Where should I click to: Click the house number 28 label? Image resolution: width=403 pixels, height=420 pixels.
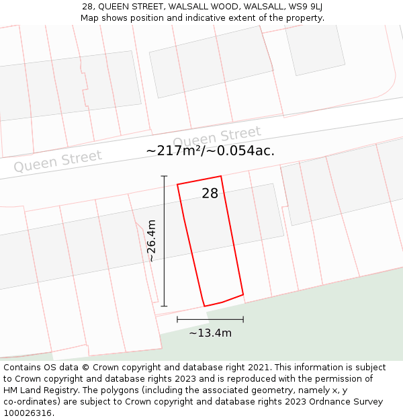[x=210, y=194]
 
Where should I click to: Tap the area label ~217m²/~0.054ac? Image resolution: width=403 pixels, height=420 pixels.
[x=210, y=151]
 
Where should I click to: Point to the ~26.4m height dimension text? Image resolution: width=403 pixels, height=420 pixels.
[x=152, y=241]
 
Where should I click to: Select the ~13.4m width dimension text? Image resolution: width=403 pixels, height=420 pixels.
[x=210, y=333]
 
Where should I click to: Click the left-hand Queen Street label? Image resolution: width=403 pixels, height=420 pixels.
[x=58, y=161]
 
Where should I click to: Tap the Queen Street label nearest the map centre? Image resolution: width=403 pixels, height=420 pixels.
[x=221, y=136]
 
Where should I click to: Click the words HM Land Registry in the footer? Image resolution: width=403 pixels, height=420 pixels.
[x=36, y=390]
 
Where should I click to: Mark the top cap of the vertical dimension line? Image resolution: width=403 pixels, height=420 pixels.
[x=164, y=176]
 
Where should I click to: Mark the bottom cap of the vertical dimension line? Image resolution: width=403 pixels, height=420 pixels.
[x=164, y=306]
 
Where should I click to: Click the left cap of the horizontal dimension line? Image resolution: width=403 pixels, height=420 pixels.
[x=177, y=319]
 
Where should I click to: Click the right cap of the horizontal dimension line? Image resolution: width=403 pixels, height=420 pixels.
[x=243, y=319]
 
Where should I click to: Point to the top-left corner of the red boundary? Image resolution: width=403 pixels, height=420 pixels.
[x=177, y=185]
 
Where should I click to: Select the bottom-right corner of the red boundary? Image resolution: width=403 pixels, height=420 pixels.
[x=242, y=294]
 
